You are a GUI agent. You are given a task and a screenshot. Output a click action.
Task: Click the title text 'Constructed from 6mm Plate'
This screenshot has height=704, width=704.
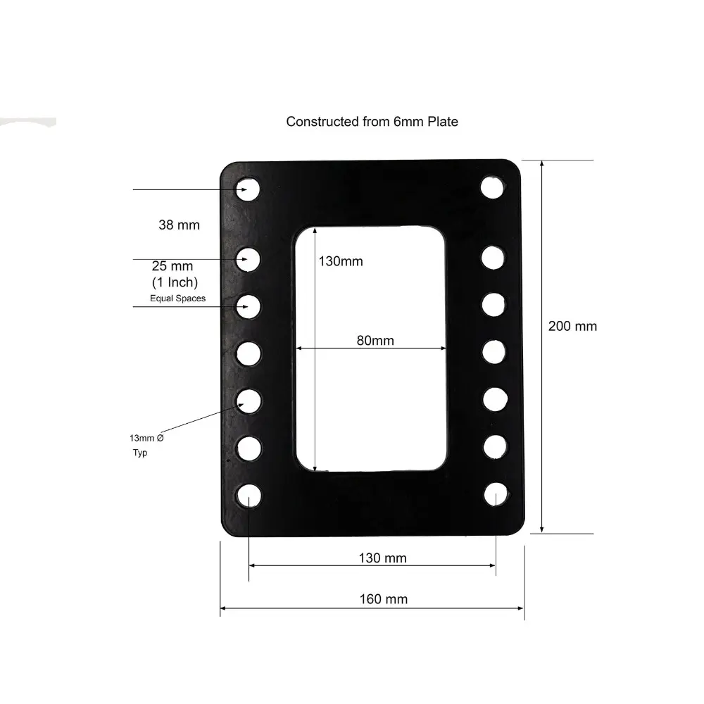point(372,122)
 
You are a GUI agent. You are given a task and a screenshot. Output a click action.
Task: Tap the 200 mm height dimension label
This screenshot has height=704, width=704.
point(572,326)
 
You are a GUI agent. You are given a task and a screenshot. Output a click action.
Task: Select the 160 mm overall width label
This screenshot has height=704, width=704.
point(383,599)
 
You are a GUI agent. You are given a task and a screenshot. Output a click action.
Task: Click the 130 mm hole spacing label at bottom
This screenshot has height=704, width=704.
point(382,558)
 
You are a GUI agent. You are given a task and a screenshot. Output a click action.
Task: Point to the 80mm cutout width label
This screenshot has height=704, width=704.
point(375,341)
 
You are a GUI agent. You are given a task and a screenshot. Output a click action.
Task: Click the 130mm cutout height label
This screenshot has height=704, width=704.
point(341,261)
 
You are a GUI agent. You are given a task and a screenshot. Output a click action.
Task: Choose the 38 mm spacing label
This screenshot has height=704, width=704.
point(179,225)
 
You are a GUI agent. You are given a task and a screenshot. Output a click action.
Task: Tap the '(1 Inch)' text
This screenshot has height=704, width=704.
point(175,282)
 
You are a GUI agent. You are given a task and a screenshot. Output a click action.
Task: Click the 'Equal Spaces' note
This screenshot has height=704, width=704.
point(177,298)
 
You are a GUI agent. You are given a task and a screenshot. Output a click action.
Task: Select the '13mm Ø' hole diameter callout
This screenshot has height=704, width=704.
point(148,438)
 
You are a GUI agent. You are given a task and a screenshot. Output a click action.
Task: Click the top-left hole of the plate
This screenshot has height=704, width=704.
point(248,189)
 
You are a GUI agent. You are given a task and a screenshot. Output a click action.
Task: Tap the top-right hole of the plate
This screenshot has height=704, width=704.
point(492,187)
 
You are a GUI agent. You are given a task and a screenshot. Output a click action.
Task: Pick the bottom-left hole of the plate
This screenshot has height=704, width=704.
point(249,496)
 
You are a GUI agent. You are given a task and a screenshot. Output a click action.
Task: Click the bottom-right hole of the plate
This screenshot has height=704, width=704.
point(496,494)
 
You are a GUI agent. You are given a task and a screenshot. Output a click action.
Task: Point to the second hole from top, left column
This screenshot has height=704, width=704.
point(248,259)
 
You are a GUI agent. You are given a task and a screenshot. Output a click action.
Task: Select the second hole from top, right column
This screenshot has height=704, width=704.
point(493,257)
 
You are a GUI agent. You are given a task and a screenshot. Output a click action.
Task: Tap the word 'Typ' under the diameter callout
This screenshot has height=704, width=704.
point(140,453)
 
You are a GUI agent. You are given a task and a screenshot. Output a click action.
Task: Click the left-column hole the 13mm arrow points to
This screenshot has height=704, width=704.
point(248,400)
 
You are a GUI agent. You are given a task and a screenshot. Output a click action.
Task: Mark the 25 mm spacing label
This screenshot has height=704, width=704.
point(172,267)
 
